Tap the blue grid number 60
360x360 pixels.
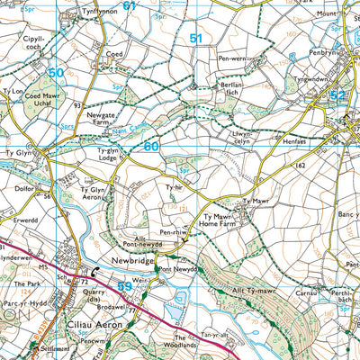(x=150, y=146)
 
